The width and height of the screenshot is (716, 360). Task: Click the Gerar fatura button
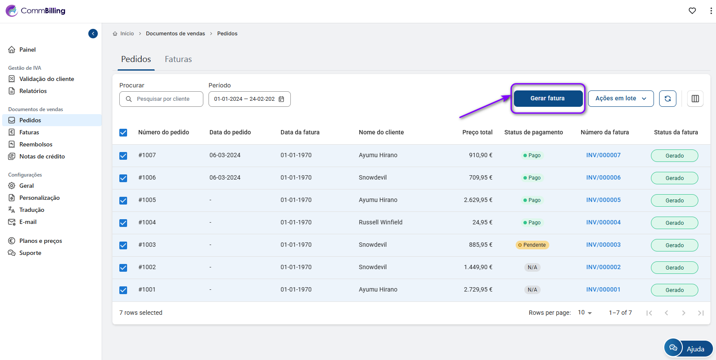pos(548,99)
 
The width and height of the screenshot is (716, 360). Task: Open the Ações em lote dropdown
pos(620,99)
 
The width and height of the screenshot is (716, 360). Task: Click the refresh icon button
pos(667,99)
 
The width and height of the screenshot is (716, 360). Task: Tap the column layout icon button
pos(695,99)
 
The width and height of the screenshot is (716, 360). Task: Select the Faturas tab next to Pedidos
pos(178,59)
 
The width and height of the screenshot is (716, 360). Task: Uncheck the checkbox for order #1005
pos(123,201)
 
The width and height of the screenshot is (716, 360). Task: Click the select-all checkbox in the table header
pos(123,133)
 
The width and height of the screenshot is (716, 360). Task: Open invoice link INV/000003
pos(603,245)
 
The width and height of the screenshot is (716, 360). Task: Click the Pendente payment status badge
pos(532,245)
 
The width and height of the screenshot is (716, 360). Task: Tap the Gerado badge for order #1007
pos(674,156)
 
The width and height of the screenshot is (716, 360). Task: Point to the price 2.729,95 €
pos(478,289)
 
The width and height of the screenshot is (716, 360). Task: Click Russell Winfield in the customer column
pos(380,222)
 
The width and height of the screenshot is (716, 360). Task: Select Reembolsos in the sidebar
pos(36,144)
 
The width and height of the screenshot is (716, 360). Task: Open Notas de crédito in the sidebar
pos(42,156)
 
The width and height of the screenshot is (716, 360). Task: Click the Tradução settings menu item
pos(31,210)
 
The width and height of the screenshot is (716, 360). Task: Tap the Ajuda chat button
pos(688,348)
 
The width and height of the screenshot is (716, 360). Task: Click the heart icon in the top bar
pos(692,11)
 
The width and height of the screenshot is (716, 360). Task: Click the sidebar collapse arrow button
pos(93,34)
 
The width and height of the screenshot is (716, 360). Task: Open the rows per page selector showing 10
pos(585,313)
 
